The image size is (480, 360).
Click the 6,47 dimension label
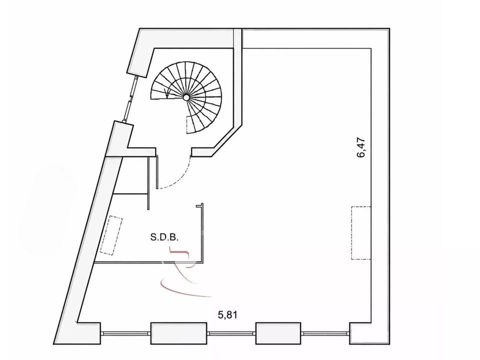coord(361,147)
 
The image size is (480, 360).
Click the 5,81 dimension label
coord(227,314)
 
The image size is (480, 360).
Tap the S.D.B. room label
coord(164,237)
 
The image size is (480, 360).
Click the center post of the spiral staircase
coord(186,97)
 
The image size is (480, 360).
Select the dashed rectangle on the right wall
coord(361,233)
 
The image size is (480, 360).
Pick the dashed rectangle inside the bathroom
coord(111,235)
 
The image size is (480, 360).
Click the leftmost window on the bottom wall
coord(125,333)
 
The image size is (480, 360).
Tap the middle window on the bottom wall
coord(231,333)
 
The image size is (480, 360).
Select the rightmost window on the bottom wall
coord(325,333)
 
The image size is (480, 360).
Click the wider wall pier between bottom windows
coord(179,333)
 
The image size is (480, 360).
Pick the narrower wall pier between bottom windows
coord(278,333)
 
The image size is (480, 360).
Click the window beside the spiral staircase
coord(130,98)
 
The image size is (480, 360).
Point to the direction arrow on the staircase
coord(167,92)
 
